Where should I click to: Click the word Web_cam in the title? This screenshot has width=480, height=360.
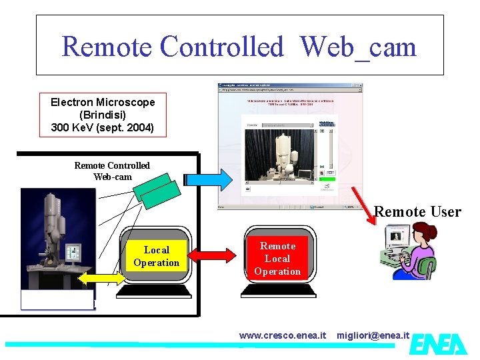[358, 47]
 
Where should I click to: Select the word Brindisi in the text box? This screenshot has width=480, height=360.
[103, 114]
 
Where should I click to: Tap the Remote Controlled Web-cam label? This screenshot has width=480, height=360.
[112, 171]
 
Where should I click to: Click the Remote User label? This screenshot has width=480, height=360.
[417, 212]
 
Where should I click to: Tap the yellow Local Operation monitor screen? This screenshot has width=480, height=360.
[156, 256]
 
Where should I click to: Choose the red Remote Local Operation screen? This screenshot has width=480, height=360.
[277, 258]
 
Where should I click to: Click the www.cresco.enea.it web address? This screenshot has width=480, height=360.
[283, 335]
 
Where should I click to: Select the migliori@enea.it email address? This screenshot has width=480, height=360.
[373, 335]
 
